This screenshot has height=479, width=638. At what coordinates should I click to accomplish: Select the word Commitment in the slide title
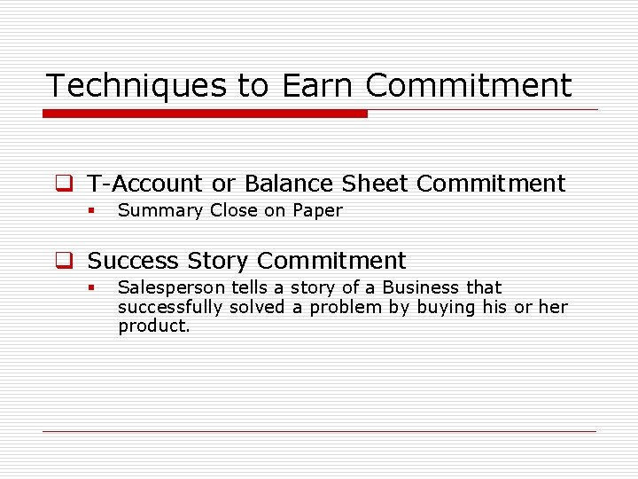pyautogui.click(x=469, y=86)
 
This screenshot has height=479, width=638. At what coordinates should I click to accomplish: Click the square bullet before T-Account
pyautogui.click(x=63, y=185)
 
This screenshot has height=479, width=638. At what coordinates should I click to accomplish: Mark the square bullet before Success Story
pyautogui.click(x=63, y=262)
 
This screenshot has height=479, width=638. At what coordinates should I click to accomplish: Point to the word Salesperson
pyautogui.click(x=172, y=287)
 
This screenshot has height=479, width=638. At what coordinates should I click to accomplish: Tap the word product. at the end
pyautogui.click(x=154, y=326)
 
